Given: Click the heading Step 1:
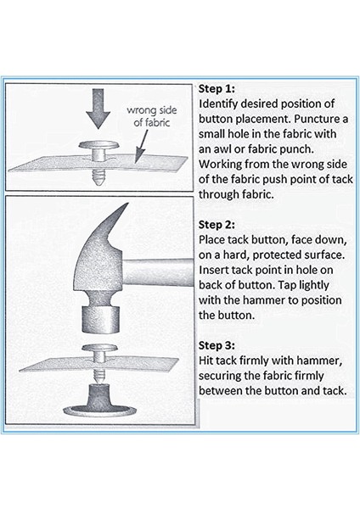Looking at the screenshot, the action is (x=217, y=89).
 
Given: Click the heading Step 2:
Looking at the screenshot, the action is (x=217, y=225).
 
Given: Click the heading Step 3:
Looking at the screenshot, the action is (x=217, y=345).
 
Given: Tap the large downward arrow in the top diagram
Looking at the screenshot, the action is (x=98, y=109).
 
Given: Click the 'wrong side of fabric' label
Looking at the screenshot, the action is (x=152, y=116).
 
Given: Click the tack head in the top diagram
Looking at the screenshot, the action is (x=98, y=145).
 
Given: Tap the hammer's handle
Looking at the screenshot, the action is (x=159, y=272).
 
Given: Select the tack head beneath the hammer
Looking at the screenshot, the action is (x=99, y=349).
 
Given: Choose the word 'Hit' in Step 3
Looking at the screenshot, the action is (x=205, y=361).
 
